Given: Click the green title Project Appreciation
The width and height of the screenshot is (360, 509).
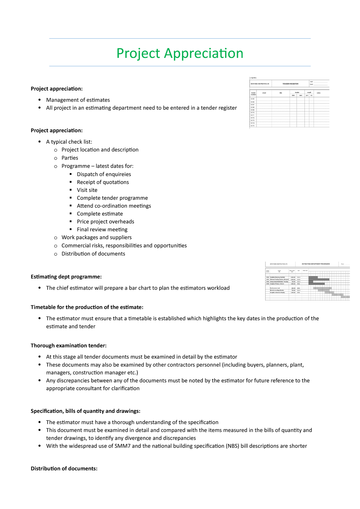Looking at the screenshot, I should [180, 53].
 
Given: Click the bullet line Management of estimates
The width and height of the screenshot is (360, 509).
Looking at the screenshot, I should [78, 100].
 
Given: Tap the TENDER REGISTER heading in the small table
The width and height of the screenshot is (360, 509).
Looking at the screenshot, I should [290, 84].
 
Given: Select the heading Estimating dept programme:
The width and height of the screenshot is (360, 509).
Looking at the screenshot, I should [66, 277].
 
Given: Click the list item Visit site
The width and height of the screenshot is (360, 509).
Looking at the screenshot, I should [87, 190].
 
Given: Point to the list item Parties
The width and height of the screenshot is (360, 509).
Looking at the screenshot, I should [70, 158].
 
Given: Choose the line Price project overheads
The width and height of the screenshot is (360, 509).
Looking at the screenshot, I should [105, 221].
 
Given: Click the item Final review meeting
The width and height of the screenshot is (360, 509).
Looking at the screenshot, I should [102, 229].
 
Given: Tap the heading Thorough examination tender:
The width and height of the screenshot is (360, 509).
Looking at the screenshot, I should [68, 346].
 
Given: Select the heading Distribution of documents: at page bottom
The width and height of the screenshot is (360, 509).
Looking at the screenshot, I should [64, 469].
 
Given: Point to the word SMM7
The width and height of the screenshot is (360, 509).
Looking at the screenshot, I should [122, 446].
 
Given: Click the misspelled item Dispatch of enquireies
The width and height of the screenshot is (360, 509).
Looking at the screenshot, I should [104, 174].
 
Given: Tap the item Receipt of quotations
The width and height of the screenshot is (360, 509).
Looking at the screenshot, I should [103, 182].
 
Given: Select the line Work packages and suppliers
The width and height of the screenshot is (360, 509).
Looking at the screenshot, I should [96, 237].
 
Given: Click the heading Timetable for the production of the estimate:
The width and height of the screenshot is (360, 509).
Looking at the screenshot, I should [87, 307].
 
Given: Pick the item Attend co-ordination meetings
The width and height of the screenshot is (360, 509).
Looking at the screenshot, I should [114, 206].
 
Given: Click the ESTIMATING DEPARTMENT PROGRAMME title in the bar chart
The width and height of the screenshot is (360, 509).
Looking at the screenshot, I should [316, 264].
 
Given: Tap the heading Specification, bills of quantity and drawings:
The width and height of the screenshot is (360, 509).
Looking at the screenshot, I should [85, 411].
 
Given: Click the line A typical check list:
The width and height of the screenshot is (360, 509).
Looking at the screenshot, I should [69, 142].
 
